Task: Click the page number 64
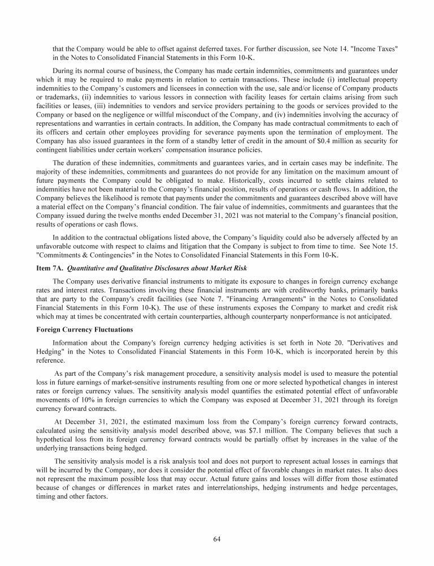pos(217,538)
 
